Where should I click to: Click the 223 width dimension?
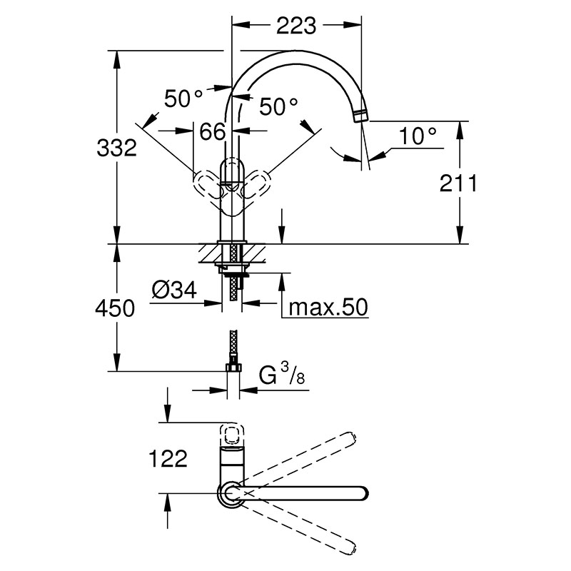point(296,26)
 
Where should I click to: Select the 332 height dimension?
point(116,148)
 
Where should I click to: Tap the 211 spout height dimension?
point(458,183)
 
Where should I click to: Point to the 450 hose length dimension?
point(115,308)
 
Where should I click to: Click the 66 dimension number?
point(212,131)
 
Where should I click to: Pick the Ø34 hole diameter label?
point(174,290)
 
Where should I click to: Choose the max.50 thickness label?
point(328,308)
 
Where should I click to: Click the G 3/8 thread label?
point(281,375)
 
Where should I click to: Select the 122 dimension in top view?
point(168,458)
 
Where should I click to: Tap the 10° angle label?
point(418,136)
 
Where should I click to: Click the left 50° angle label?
point(183,98)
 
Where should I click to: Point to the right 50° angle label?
point(278,106)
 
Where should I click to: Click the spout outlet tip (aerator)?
point(361,116)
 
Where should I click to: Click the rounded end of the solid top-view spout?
point(364,493)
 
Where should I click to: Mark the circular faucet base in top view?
point(231,494)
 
